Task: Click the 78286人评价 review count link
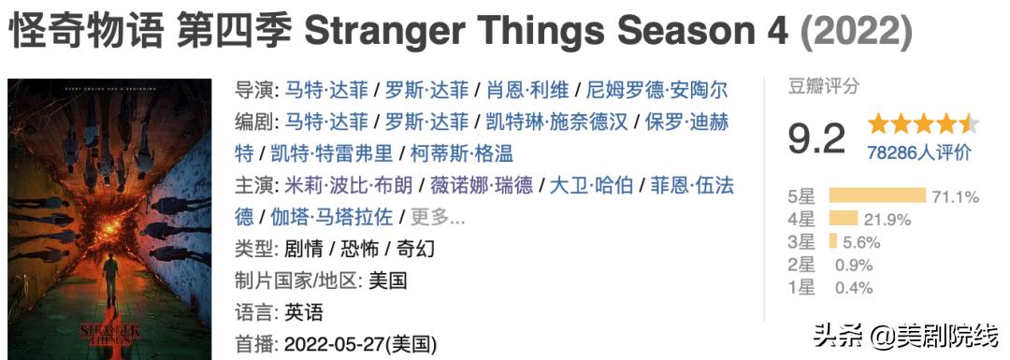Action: point(918,152)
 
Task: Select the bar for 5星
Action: point(877,196)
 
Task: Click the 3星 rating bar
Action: point(832,241)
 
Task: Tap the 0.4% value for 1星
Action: point(854,287)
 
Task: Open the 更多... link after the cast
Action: point(438,217)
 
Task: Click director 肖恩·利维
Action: point(527,91)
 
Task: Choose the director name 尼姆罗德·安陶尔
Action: point(656,91)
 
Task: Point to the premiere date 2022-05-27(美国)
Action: point(360,342)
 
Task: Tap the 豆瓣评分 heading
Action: point(823,87)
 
